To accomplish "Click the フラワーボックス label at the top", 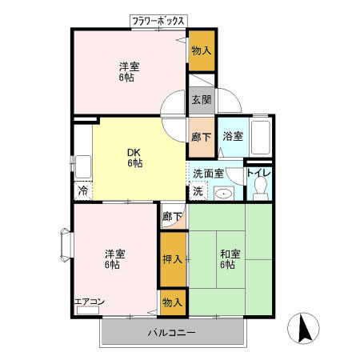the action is click(x=158, y=21).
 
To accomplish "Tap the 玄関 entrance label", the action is click(x=202, y=100).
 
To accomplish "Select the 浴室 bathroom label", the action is click(x=233, y=136).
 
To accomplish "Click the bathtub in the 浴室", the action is click(x=262, y=138).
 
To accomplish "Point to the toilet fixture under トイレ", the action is click(x=261, y=188).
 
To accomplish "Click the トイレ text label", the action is click(x=258, y=173).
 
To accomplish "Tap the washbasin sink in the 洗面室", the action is click(x=224, y=194).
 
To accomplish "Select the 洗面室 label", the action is click(x=208, y=174).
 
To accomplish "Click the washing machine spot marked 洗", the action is click(x=198, y=191).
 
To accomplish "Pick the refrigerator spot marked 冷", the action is click(x=83, y=191).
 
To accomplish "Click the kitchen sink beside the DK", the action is click(x=83, y=167).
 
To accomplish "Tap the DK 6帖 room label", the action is click(x=134, y=158).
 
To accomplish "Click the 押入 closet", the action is click(x=173, y=259).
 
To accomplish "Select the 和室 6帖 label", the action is click(x=230, y=259).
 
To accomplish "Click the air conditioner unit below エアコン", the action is click(x=88, y=310).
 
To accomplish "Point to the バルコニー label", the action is click(x=172, y=333).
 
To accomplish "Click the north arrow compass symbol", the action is click(x=303, y=328).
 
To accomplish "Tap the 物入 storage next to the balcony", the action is click(x=173, y=302).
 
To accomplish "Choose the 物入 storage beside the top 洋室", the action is click(x=202, y=50).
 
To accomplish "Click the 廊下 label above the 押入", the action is click(x=173, y=217).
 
